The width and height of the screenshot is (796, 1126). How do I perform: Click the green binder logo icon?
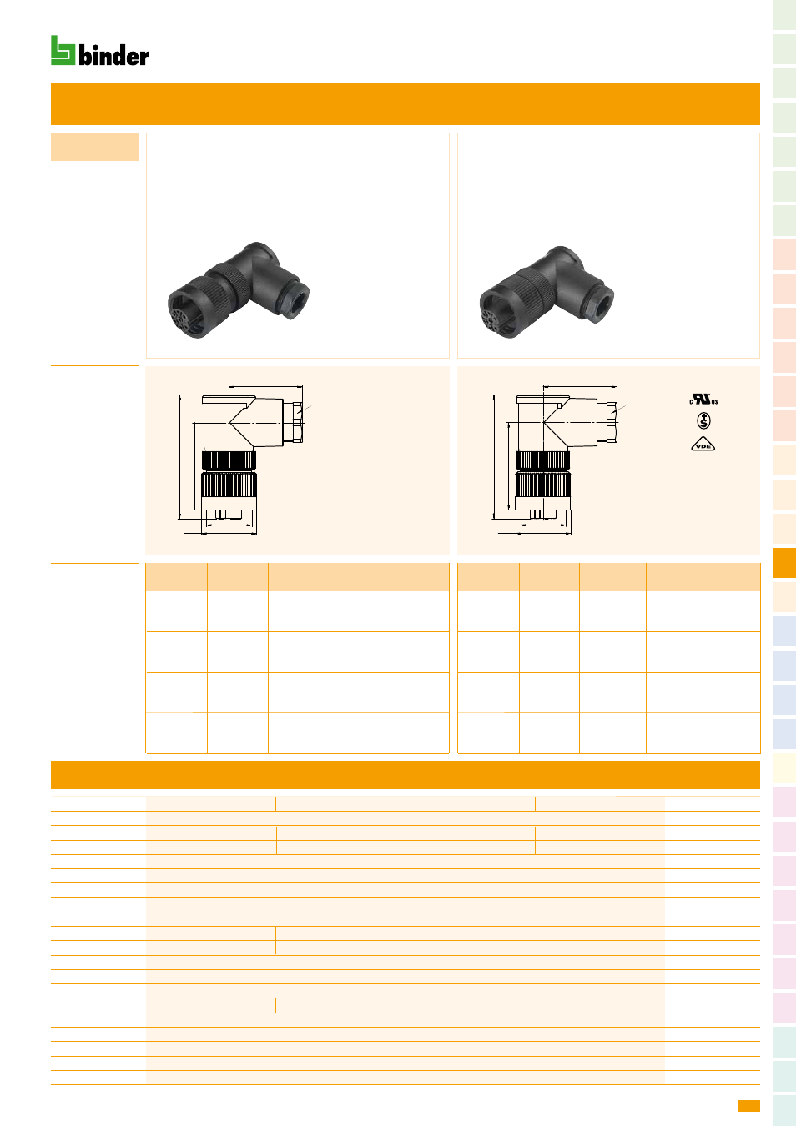[x=63, y=50]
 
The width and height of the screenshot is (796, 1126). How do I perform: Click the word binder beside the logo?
[x=113, y=55]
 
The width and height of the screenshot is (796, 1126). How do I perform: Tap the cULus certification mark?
[x=703, y=400]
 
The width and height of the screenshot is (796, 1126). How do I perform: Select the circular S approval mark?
[x=703, y=420]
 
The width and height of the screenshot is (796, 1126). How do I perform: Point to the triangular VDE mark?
[x=703, y=445]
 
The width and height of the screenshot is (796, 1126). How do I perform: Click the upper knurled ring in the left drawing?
[x=229, y=460]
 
